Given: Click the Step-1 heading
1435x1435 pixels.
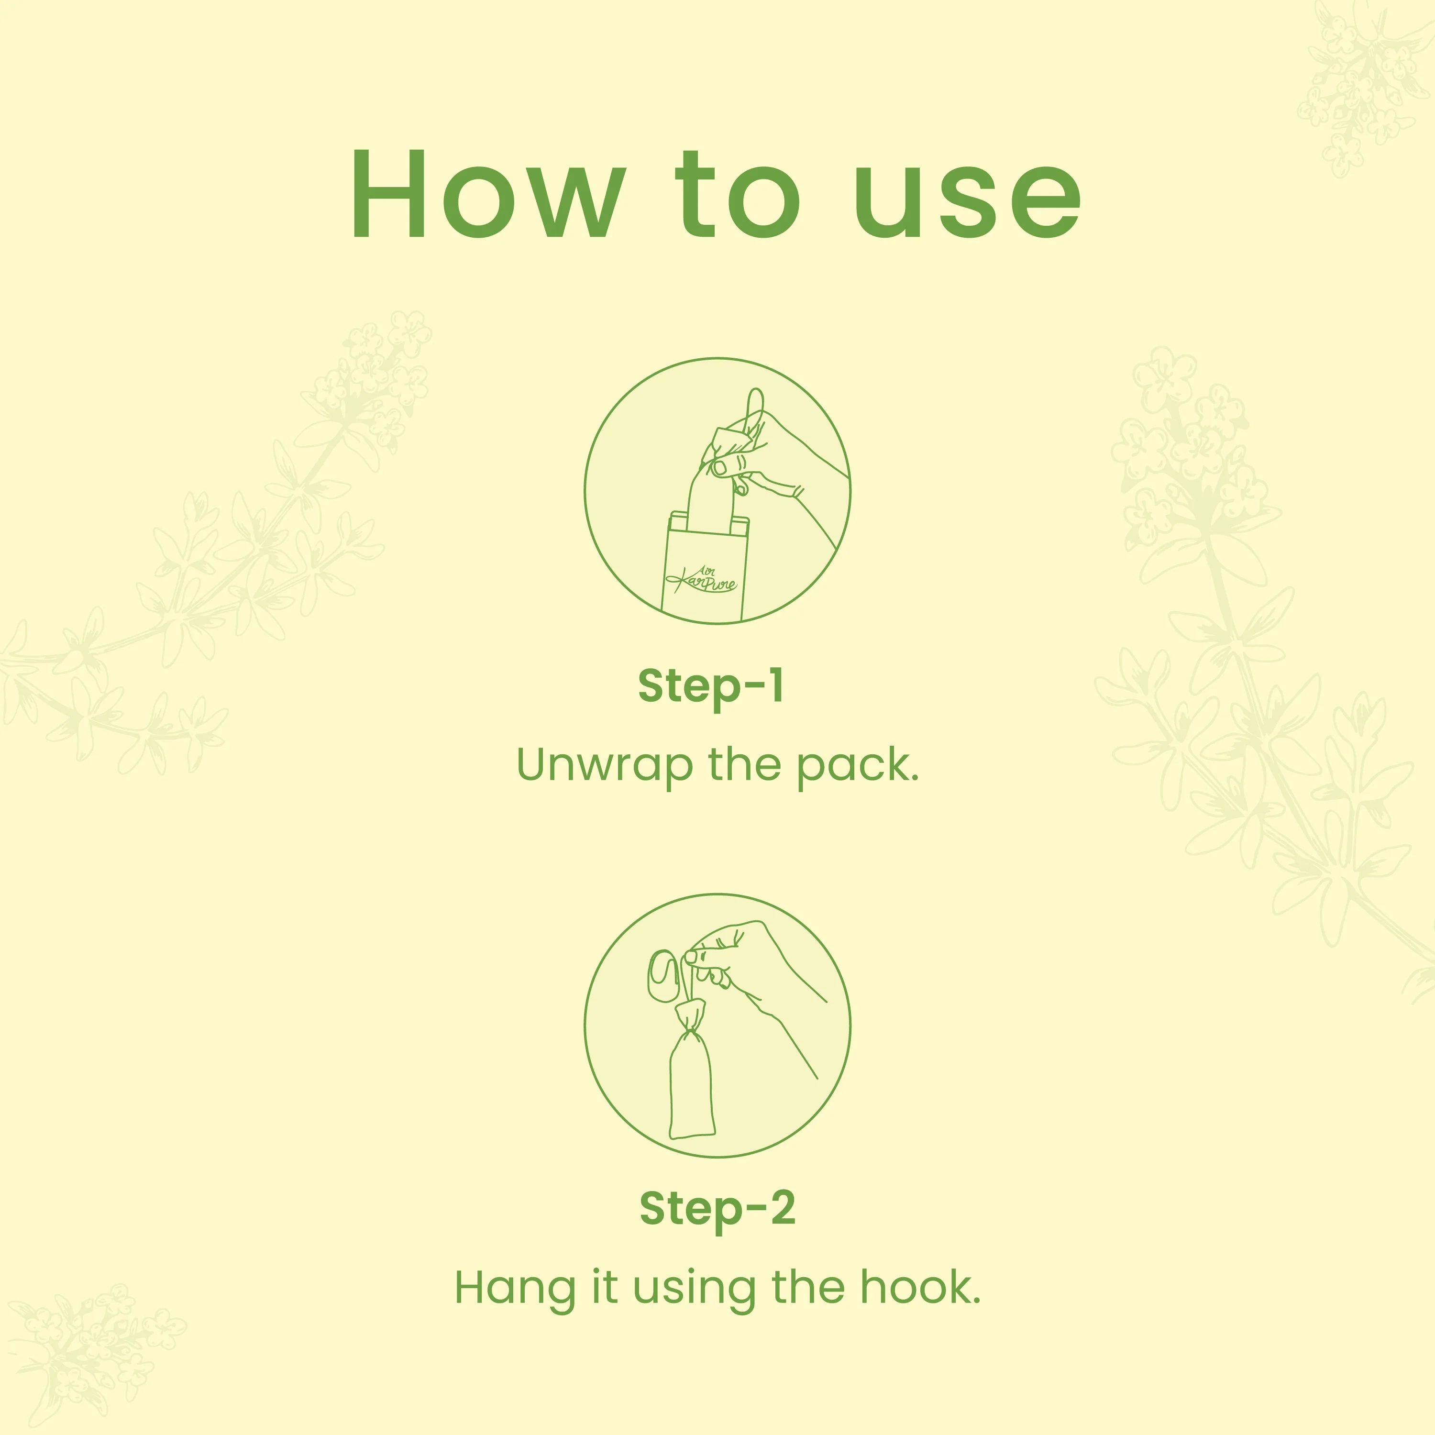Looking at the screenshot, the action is click(x=711, y=685).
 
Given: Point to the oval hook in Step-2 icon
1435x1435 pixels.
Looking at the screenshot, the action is click(x=663, y=974).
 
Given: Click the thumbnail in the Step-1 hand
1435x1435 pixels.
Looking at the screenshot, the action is click(x=719, y=467).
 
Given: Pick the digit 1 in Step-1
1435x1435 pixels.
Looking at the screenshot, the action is click(x=776, y=685).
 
